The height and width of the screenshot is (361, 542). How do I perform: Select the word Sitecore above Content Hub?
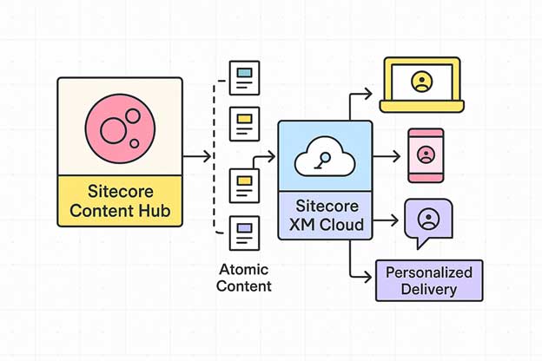pyautogui.click(x=120, y=191)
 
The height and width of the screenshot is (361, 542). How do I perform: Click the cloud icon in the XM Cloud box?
pyautogui.click(x=324, y=158)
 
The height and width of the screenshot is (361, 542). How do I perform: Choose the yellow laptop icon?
pyautogui.click(x=421, y=85)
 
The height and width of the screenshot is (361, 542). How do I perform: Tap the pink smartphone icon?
pyautogui.click(x=426, y=156)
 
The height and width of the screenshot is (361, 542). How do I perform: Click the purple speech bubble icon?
pyautogui.click(x=427, y=221)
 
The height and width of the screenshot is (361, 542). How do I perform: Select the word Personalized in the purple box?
pyautogui.click(x=429, y=272)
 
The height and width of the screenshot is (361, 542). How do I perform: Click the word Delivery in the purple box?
pyautogui.click(x=429, y=289)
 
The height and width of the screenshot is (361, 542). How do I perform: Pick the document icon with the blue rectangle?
pyautogui.click(x=244, y=77)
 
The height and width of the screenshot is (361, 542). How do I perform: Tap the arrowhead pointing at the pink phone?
pyautogui.click(x=395, y=157)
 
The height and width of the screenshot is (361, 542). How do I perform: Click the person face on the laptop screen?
pyautogui.click(x=421, y=82)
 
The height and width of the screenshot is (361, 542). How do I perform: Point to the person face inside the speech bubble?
pyautogui.click(x=427, y=219)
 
